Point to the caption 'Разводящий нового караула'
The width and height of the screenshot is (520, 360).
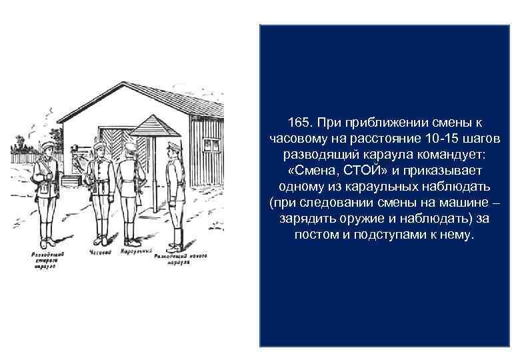(x=180, y=259)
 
